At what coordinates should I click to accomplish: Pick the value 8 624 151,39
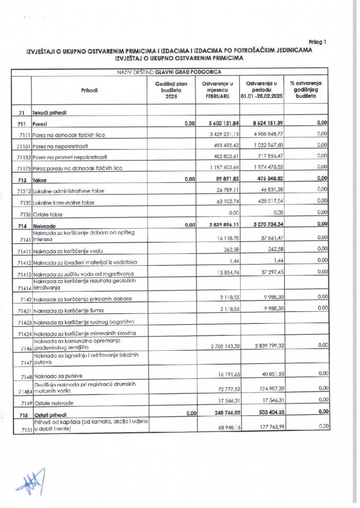[x=262, y=124]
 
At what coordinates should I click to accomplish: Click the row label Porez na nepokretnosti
[x=66, y=146]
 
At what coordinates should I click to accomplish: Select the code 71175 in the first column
[x=21, y=168]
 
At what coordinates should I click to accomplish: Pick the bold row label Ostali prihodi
[x=51, y=414]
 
